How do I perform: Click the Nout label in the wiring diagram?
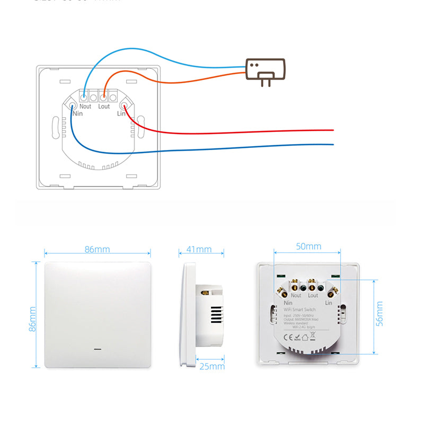[x=85, y=107]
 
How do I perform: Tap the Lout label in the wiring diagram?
[x=104, y=107]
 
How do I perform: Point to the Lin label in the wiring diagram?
[x=121, y=113]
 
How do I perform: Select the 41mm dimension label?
[x=199, y=249]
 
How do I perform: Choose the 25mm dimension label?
[x=213, y=366]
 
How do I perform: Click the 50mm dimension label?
[x=308, y=246]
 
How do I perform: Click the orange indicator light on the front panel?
[x=97, y=350]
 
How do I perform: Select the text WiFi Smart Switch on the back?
[x=307, y=310]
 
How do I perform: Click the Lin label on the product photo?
[x=328, y=302]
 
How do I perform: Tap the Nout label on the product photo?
[x=296, y=295]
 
